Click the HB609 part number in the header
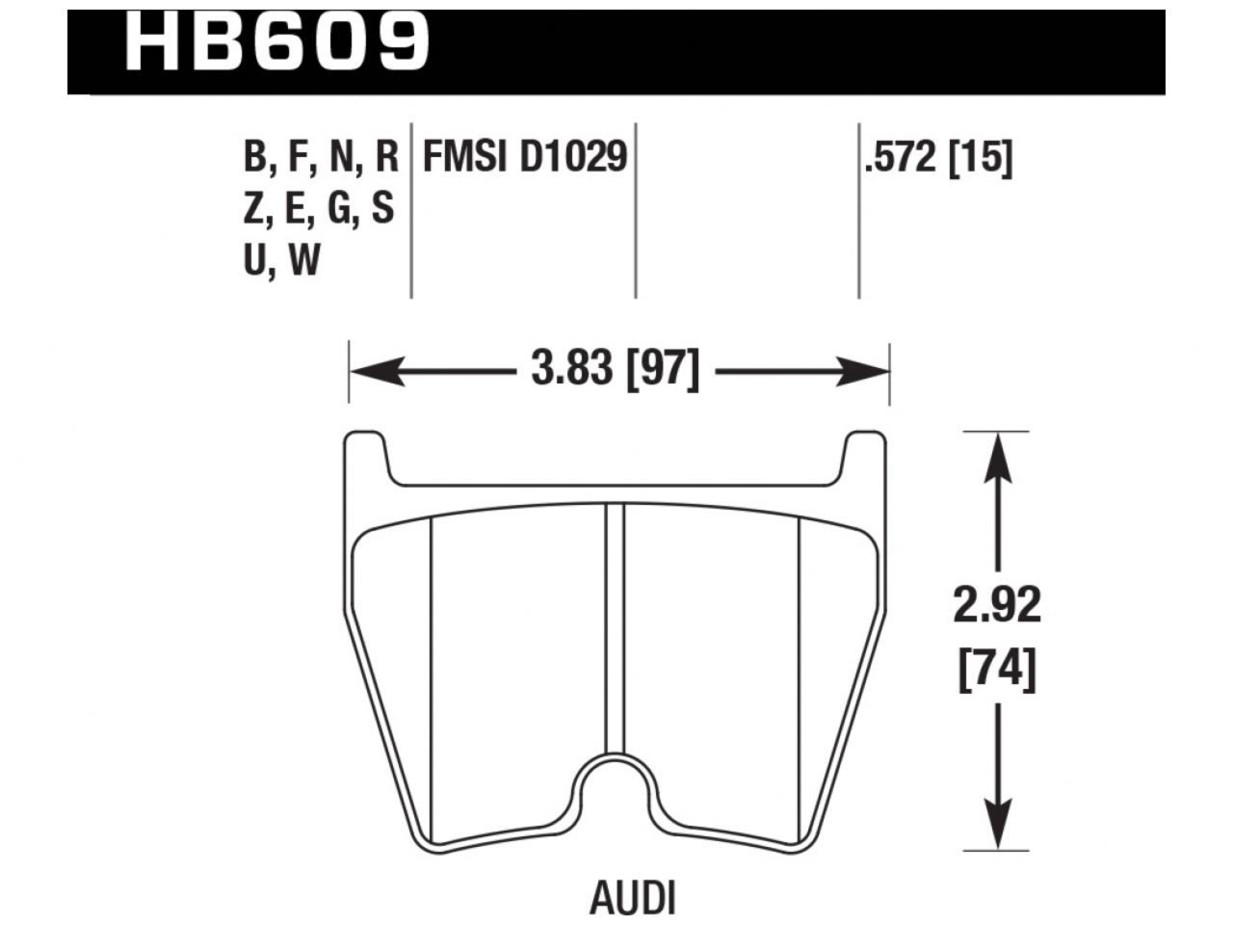(x=277, y=43)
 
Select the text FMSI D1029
(x=525, y=157)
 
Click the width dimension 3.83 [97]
(x=615, y=369)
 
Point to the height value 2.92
(x=997, y=606)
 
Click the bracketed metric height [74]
(x=997, y=670)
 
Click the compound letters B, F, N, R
(x=321, y=157)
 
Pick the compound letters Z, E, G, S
(x=319, y=208)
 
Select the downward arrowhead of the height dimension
(x=997, y=829)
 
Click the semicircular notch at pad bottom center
(x=616, y=782)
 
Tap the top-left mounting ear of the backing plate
(x=366, y=453)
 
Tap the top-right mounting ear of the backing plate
(x=865, y=453)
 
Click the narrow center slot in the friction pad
(x=616, y=626)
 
